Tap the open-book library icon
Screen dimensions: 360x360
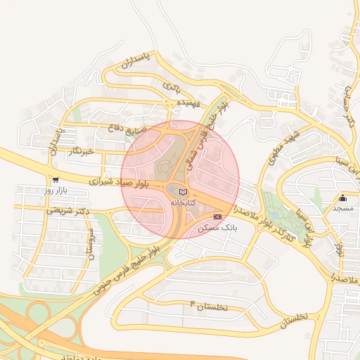pos(184,192)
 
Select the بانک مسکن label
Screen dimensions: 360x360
pos(217,228)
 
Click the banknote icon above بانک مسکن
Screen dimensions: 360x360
pos(217,217)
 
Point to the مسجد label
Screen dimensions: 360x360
pos(342,210)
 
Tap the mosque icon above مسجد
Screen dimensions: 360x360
pos(342,198)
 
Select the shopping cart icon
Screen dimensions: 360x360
pos(55,180)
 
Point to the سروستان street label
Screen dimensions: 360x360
pos(89,242)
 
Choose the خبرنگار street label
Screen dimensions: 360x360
pos(79,151)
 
